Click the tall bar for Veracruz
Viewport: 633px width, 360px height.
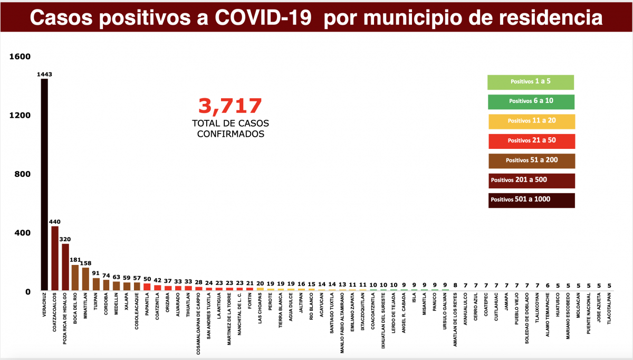pos(44,185)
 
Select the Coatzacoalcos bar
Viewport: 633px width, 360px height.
pos(55,259)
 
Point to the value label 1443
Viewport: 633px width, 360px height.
pos(44,74)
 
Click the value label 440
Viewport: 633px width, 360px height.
pos(55,222)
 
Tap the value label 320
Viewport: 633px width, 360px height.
pos(65,239)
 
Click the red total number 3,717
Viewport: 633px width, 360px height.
pos(230,106)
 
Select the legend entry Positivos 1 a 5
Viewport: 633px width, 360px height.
pos(531,82)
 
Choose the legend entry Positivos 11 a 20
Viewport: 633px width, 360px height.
pos(531,121)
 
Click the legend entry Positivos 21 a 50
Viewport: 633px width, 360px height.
pos(531,140)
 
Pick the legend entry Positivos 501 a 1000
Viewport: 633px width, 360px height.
pos(531,200)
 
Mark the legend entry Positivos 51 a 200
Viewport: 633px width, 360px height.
pos(531,160)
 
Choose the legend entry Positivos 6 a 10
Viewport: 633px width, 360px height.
pos(531,101)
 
